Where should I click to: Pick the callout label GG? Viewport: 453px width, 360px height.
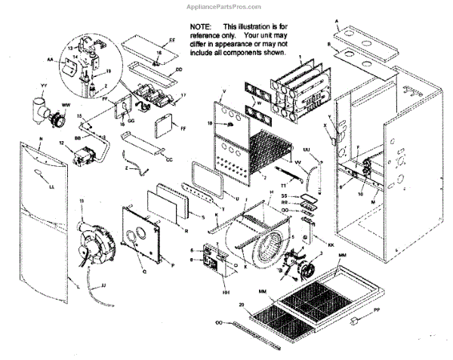(131, 122)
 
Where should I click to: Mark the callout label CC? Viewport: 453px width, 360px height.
(169, 159)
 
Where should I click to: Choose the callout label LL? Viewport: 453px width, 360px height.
(51, 186)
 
